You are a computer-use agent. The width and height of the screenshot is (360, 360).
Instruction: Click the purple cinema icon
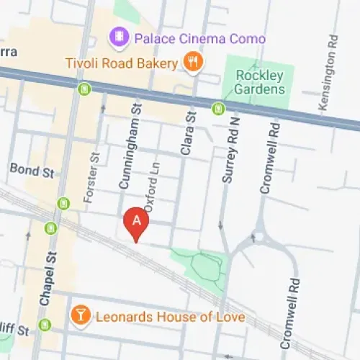[117, 35]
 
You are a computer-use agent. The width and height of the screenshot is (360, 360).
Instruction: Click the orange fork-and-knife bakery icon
[192, 63]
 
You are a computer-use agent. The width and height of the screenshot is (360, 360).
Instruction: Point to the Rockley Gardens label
[261, 82]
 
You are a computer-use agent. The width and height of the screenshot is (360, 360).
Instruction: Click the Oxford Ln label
[150, 186]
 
